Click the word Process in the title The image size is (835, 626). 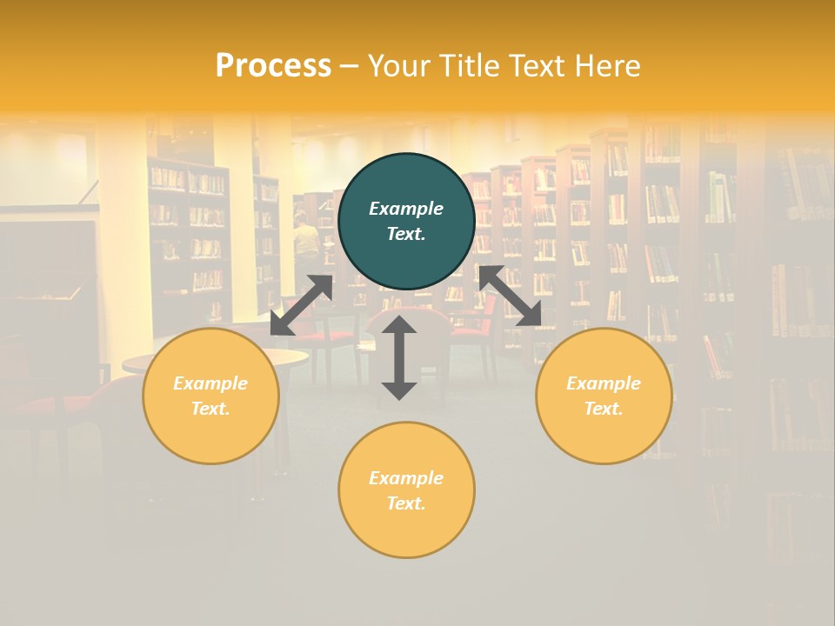[x=273, y=67]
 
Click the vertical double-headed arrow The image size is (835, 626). [x=399, y=357]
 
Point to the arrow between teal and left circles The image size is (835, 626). [x=301, y=304]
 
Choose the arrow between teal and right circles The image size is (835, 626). [x=510, y=296]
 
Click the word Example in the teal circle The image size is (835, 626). [x=406, y=209]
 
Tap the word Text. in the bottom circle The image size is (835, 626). [x=406, y=503]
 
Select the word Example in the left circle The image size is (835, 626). [x=210, y=383]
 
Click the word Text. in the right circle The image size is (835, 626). [x=604, y=409]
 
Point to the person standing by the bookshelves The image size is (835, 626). [x=305, y=239]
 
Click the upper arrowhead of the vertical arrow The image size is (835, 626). [x=399, y=325]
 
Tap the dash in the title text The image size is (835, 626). [x=349, y=67]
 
